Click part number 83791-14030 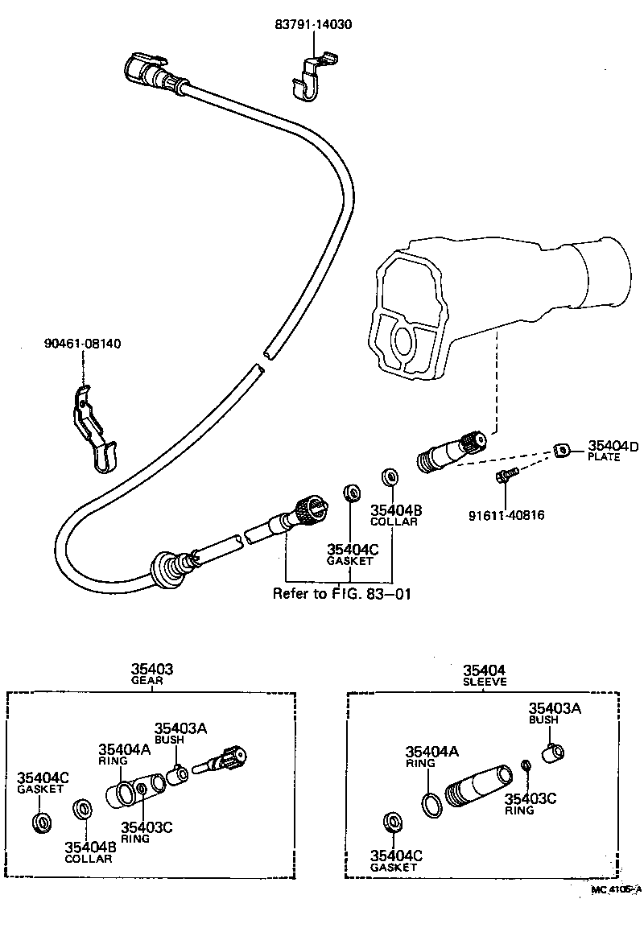point(313,25)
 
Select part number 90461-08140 point(82,344)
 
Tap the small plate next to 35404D point(562,449)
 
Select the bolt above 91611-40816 point(502,476)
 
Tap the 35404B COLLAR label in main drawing point(394,515)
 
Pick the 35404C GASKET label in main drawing point(350,555)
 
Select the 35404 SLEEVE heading point(485,674)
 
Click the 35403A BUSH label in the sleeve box point(555,713)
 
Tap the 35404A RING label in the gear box point(124,754)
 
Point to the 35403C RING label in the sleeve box point(530,803)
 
